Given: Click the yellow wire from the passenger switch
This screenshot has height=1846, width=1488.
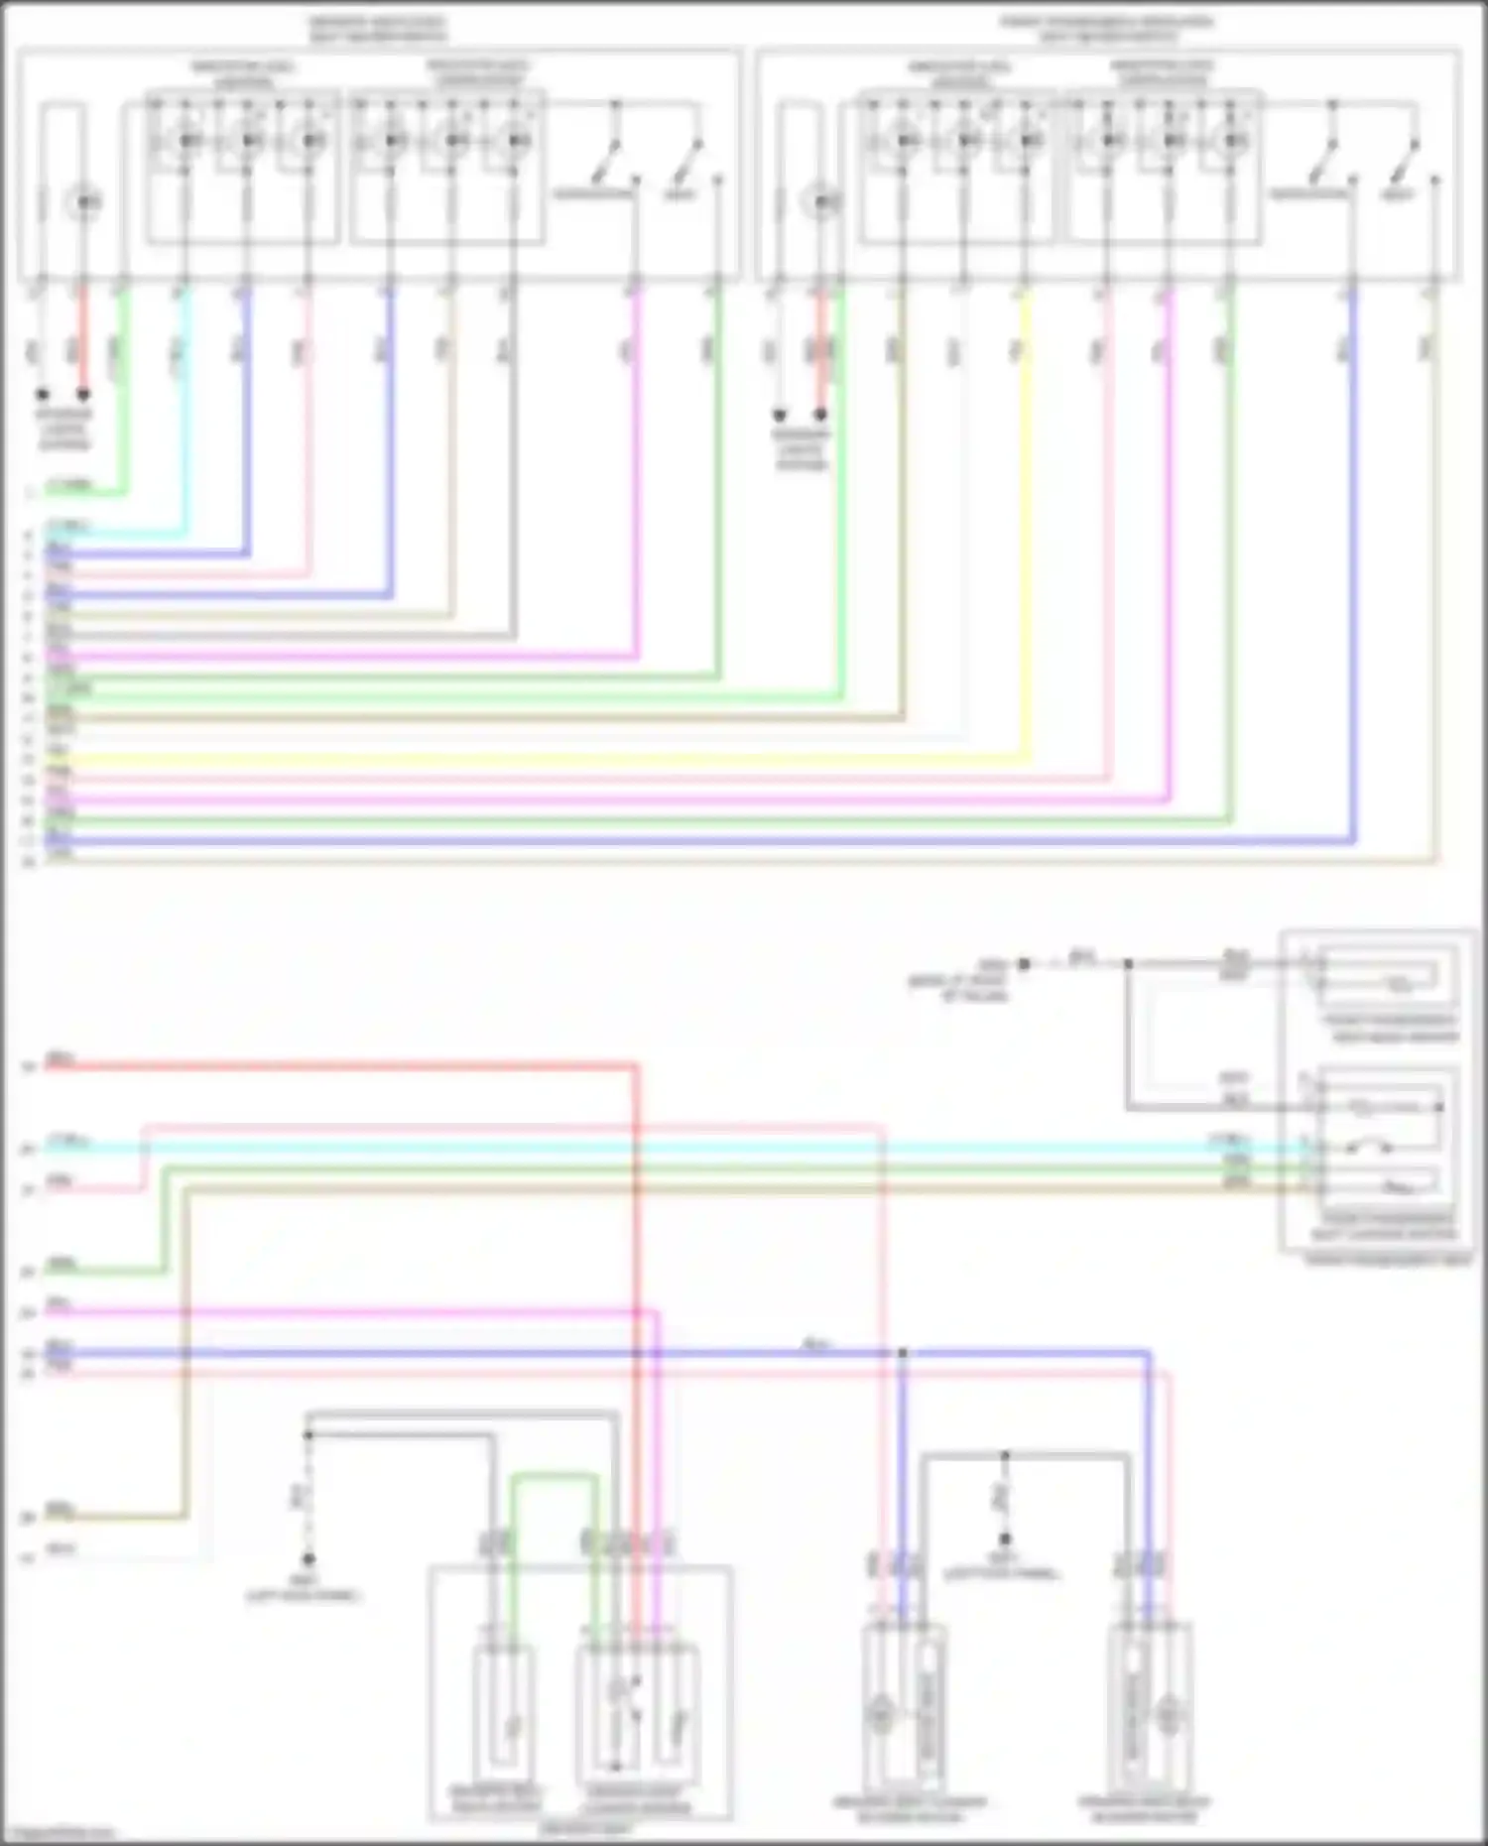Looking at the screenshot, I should (1027, 516).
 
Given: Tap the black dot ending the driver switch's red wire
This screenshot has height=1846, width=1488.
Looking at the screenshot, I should (84, 394).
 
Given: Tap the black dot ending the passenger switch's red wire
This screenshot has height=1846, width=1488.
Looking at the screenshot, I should (820, 415).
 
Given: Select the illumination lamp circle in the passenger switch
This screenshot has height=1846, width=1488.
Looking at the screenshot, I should (820, 203).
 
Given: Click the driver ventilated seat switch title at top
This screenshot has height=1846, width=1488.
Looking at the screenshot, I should (377, 29).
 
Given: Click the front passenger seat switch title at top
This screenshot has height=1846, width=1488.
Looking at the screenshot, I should (1106, 29).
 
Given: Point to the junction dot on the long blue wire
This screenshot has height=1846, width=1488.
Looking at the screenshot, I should (903, 1353).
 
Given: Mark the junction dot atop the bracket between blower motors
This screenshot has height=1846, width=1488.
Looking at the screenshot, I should (1005, 1456).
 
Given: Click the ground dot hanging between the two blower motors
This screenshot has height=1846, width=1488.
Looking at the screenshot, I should (1005, 1538).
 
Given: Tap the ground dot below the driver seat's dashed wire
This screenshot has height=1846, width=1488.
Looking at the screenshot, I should (309, 1559).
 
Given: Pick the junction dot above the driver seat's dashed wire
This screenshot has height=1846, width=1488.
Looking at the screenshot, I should (309, 1435).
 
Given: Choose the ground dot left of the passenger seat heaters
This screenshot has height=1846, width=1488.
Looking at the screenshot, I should (1025, 963).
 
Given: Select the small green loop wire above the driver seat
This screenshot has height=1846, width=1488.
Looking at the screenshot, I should (556, 1477).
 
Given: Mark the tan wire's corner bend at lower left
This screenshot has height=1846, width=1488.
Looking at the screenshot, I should (186, 1516).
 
